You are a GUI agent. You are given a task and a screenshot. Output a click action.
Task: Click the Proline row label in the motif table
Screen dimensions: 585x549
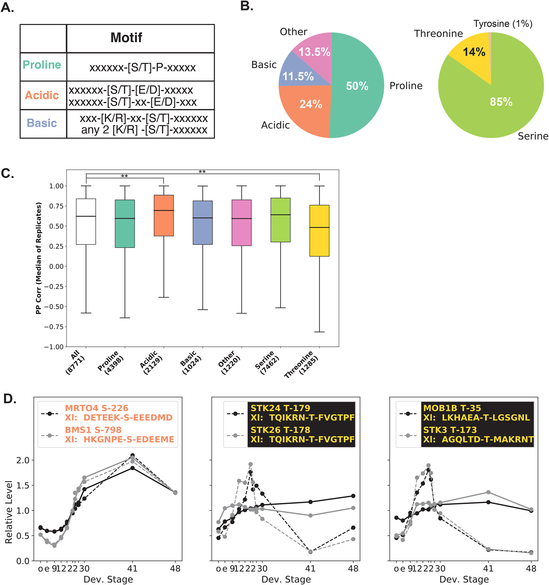pyautogui.click(x=42, y=65)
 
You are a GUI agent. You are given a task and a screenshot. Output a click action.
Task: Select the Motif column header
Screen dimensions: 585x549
pyautogui.click(x=126, y=38)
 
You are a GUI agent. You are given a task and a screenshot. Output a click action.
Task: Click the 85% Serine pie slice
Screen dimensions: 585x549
pyautogui.click(x=500, y=103)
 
